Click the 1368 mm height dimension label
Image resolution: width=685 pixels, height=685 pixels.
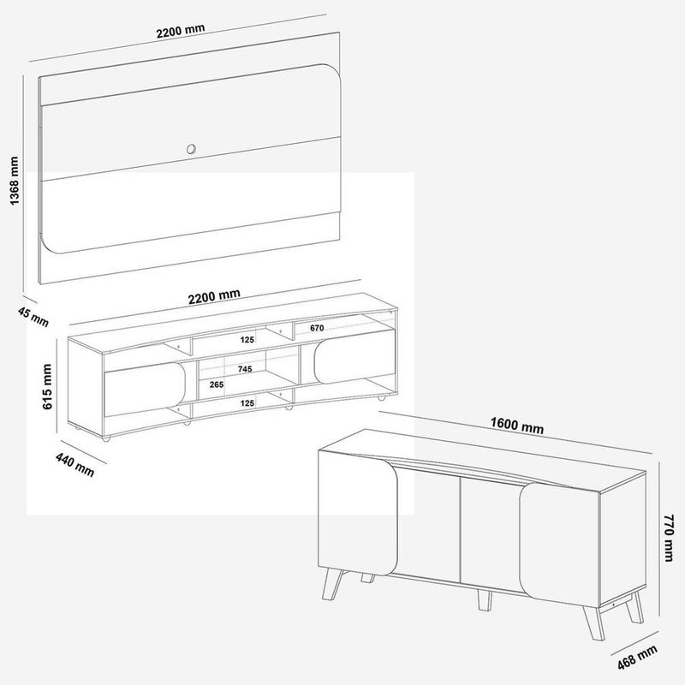tap(15, 181)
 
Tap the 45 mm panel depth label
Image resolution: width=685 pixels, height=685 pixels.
tap(33, 317)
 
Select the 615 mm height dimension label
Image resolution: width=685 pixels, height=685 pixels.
tap(47, 387)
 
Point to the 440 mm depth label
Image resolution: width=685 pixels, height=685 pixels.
tap(74, 464)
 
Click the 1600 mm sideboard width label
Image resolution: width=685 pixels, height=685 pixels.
tap(517, 425)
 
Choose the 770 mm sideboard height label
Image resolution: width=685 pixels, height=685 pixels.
tap(669, 538)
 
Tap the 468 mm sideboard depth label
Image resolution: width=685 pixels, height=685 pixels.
tap(637, 658)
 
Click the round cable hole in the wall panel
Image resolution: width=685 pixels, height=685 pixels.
tap(191, 149)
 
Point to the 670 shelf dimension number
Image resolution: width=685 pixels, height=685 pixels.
tap(317, 328)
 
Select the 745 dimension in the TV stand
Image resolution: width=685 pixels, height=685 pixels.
tap(245, 369)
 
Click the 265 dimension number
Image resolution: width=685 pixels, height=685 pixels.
tap(217, 384)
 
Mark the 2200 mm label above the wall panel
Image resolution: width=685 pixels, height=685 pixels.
tap(181, 31)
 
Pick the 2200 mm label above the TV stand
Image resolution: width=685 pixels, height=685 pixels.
tap(214, 296)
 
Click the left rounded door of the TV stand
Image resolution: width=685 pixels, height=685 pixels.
tap(145, 389)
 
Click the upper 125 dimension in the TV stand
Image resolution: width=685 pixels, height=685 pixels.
tap(247, 339)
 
